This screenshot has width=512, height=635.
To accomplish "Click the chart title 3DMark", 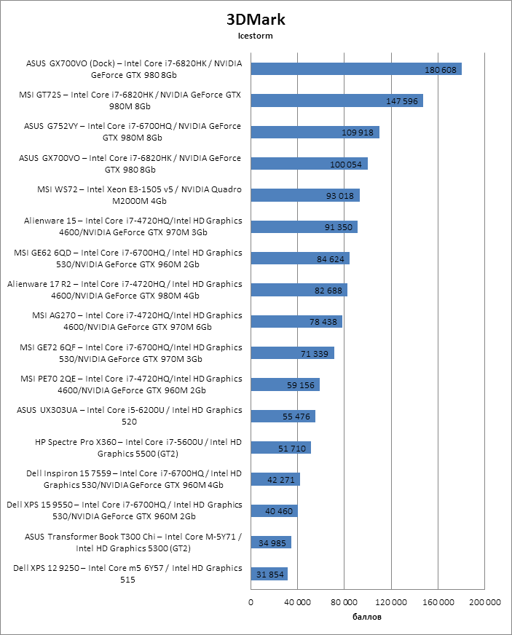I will [x=255, y=19].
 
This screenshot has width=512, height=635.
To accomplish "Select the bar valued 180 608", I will [x=356, y=69].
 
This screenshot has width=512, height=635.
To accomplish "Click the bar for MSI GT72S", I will [x=336, y=100].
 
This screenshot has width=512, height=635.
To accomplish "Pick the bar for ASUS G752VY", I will [x=315, y=132].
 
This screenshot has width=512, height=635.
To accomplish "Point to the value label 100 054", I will [x=346, y=164].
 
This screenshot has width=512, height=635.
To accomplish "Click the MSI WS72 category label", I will [x=139, y=195].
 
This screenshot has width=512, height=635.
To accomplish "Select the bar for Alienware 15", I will [x=304, y=226].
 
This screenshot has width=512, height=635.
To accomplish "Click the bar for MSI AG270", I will [x=296, y=321].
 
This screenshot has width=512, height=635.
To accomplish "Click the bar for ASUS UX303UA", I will [x=283, y=416].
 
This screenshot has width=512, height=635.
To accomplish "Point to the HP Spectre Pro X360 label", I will [x=138, y=447].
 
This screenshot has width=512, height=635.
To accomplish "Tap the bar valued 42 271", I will [x=275, y=479].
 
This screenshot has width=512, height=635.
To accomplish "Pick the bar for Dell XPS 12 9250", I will [x=269, y=574].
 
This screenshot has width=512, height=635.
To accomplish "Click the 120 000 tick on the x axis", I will [x=391, y=602].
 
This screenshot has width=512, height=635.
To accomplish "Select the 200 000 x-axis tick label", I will [x=484, y=602].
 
